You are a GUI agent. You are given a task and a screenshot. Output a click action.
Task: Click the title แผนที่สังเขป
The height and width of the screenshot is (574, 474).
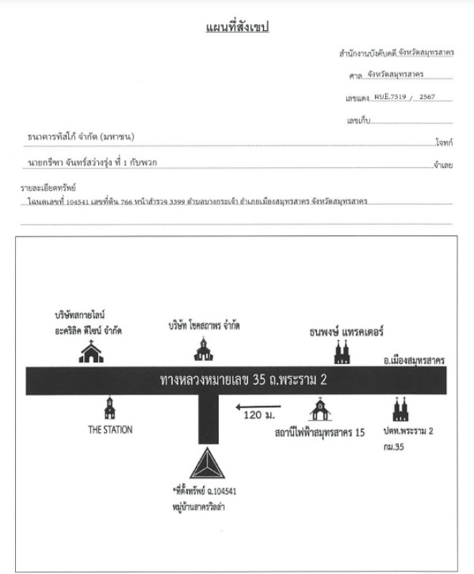click(237, 27)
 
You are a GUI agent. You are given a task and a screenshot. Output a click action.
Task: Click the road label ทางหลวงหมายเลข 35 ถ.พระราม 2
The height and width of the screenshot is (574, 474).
click(243, 379)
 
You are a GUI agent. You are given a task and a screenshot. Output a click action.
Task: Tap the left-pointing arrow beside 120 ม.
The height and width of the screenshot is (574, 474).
click(257, 409)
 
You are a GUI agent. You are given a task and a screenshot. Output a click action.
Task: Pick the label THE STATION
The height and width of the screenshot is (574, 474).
click(109, 430)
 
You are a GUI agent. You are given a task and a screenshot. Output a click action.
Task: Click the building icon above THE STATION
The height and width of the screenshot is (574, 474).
click(109, 408)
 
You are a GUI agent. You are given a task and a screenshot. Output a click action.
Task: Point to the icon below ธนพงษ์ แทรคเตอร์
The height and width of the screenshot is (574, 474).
click(341, 352)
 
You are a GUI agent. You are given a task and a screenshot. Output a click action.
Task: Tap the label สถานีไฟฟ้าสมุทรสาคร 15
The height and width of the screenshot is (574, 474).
click(319, 433)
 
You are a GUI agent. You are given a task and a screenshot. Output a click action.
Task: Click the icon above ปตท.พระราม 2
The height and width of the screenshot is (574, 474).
click(399, 409)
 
